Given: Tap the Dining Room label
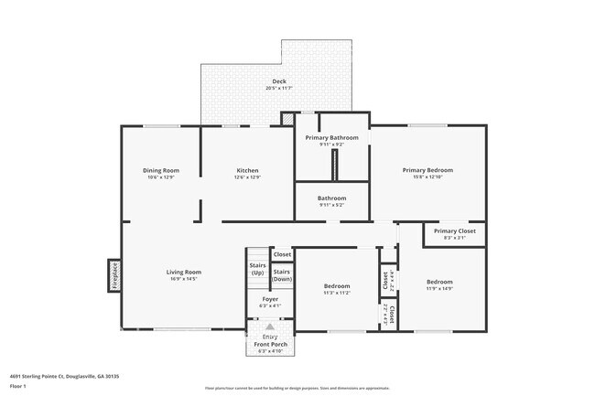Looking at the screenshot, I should point(160,170).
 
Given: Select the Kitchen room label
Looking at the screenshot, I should point(248,170).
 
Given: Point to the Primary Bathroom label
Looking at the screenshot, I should point(331,137).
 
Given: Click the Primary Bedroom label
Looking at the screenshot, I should point(427,169).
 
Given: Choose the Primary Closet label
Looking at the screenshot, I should point(454,231).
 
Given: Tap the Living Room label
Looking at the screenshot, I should point(183,272).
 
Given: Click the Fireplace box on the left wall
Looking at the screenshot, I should point(114,274).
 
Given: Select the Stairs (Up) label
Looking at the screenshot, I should point(257,269).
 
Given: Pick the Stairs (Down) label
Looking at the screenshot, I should point(282,274).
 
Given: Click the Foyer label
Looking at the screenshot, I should point(270,299).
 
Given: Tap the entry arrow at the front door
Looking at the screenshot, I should point(269,326).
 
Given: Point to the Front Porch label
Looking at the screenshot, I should point(270,345).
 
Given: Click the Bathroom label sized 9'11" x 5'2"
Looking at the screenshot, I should point(331,198).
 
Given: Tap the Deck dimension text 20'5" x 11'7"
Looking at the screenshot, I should point(279,88).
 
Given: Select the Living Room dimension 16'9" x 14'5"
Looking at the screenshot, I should point(183,278).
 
